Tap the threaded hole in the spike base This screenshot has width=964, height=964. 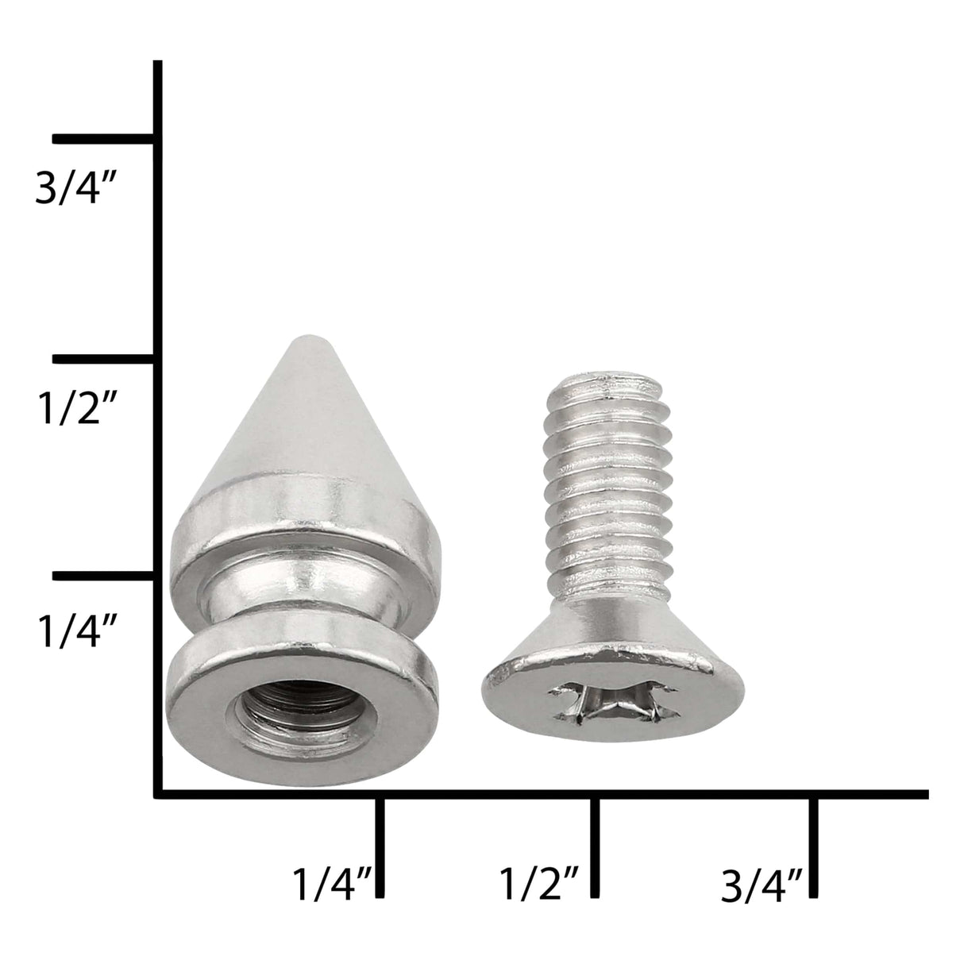coord(279,714)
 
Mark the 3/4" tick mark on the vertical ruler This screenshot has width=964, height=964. coord(103,139)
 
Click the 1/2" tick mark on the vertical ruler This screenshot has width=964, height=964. coord(103,360)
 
